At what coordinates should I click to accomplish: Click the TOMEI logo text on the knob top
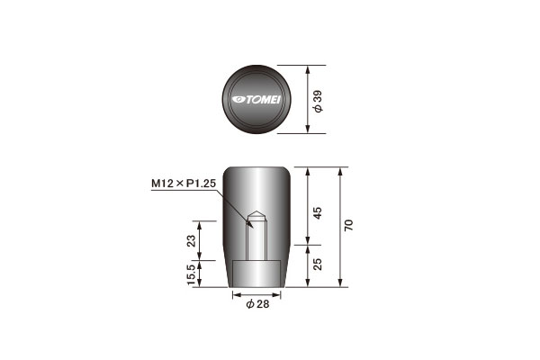(x=263, y=100)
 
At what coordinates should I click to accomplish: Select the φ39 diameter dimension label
(x=318, y=101)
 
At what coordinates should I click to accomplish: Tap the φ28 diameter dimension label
(x=257, y=304)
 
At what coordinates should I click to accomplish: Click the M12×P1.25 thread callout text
(x=184, y=184)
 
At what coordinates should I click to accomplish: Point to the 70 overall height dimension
(x=348, y=225)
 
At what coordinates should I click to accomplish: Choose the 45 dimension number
(x=318, y=213)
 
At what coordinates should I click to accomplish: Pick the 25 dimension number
(x=318, y=265)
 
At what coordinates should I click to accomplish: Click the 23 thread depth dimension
(x=191, y=240)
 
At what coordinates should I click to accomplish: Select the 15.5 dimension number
(x=191, y=274)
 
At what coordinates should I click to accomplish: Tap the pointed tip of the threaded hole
(x=256, y=211)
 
